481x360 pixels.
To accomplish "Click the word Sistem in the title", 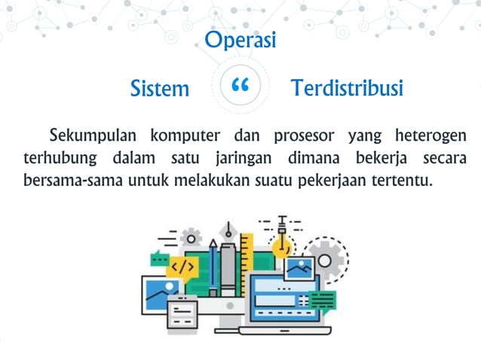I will click(x=160, y=89).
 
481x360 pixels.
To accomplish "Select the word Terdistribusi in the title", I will click(x=348, y=88).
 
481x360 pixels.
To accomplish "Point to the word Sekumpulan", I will click(x=93, y=136).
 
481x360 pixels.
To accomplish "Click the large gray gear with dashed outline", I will click(x=326, y=260).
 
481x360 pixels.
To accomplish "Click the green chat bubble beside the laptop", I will click(x=323, y=300).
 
